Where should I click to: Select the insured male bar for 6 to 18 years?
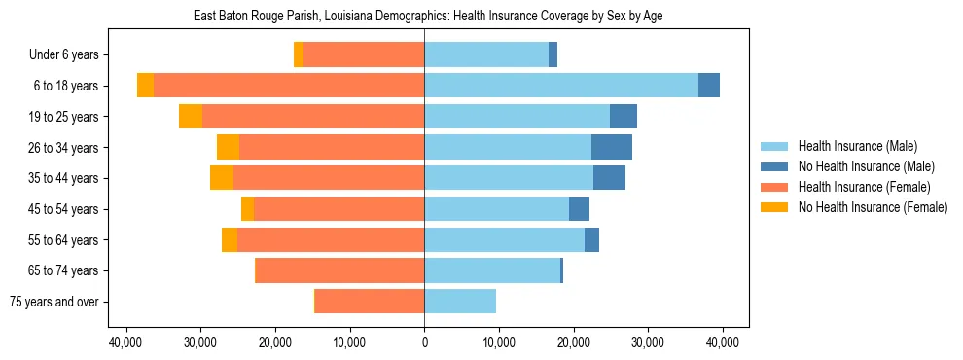click(x=561, y=86)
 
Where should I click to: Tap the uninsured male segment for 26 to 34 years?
click(x=612, y=147)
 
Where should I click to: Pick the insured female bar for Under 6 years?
click(x=364, y=54)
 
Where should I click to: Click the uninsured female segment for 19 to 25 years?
click(x=191, y=117)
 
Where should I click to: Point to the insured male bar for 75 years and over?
click(x=460, y=302)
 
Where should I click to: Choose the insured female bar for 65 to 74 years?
click(x=339, y=270)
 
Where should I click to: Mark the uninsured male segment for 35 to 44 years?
click(x=609, y=178)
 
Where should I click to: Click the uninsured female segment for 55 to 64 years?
click(x=230, y=240)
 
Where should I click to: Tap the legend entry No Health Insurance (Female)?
click(x=872, y=207)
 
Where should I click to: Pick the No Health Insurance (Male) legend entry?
click(x=865, y=166)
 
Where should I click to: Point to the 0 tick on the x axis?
click(x=424, y=342)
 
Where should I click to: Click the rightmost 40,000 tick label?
click(x=722, y=342)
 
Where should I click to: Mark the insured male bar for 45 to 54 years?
click(x=496, y=209)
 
